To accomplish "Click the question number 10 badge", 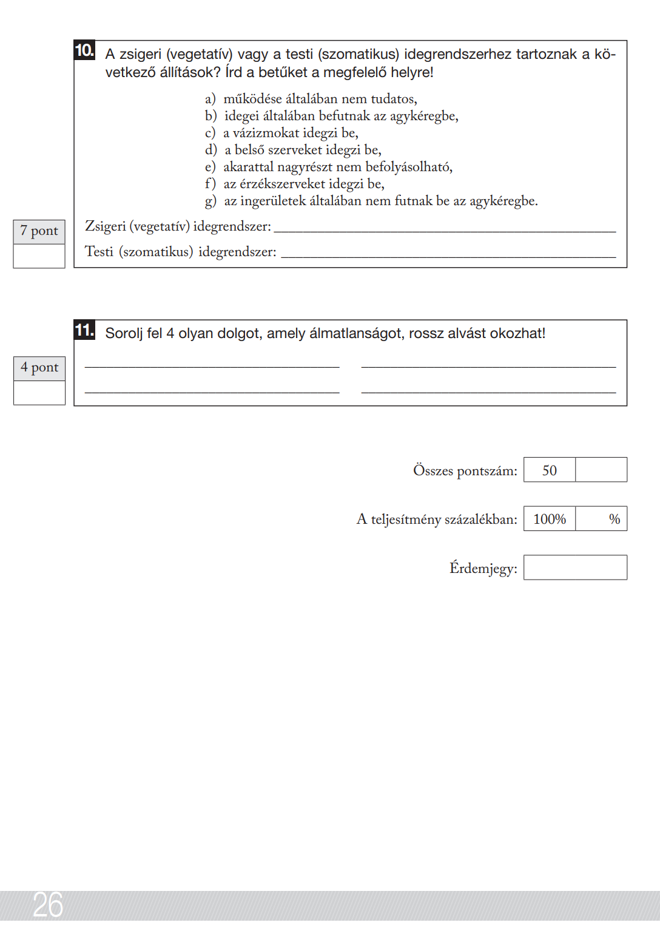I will click(84, 50).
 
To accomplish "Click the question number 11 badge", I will click(84, 330).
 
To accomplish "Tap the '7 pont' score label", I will click(39, 231).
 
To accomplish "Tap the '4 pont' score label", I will click(39, 368).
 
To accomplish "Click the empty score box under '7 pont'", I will click(39, 256).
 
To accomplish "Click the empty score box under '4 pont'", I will click(39, 393).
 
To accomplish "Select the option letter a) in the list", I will click(210, 99).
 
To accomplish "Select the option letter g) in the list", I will click(210, 201).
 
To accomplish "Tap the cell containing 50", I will click(550, 470).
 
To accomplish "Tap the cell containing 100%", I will click(550, 520).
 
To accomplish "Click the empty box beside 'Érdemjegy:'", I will click(575, 568).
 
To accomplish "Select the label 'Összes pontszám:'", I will click(465, 471).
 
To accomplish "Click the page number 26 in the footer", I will click(48, 905).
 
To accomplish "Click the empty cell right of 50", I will click(601, 470).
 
